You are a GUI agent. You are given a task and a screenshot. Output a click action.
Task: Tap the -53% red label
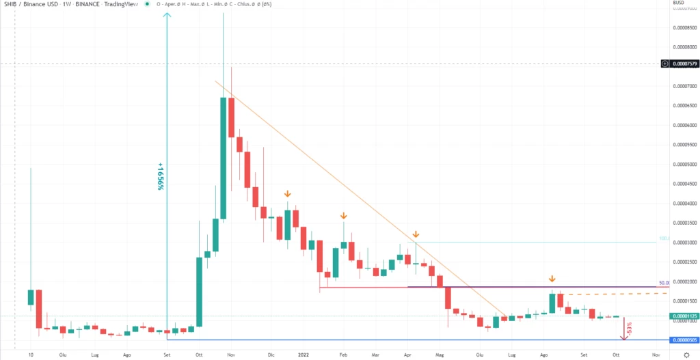point(628,329)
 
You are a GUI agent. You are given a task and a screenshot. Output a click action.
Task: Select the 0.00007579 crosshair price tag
point(685,64)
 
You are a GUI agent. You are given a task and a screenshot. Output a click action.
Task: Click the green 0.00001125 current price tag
point(685,316)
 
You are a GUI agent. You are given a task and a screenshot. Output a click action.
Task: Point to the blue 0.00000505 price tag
point(685,340)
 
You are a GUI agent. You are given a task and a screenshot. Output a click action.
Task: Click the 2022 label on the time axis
point(306,355)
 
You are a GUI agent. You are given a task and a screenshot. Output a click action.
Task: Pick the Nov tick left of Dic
point(231,355)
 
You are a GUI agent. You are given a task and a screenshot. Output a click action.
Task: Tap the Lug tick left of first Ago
point(94,355)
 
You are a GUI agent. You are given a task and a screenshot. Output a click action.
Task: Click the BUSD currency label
point(679,3)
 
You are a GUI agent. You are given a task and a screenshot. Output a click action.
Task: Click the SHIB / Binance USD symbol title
point(31,4)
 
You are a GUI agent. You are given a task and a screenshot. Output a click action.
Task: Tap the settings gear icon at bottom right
point(686,355)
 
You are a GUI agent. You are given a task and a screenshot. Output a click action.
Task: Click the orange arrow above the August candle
point(552,279)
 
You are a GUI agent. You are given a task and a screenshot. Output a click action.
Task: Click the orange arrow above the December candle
point(288,194)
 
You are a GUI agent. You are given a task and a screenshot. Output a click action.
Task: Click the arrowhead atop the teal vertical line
point(167,16)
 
